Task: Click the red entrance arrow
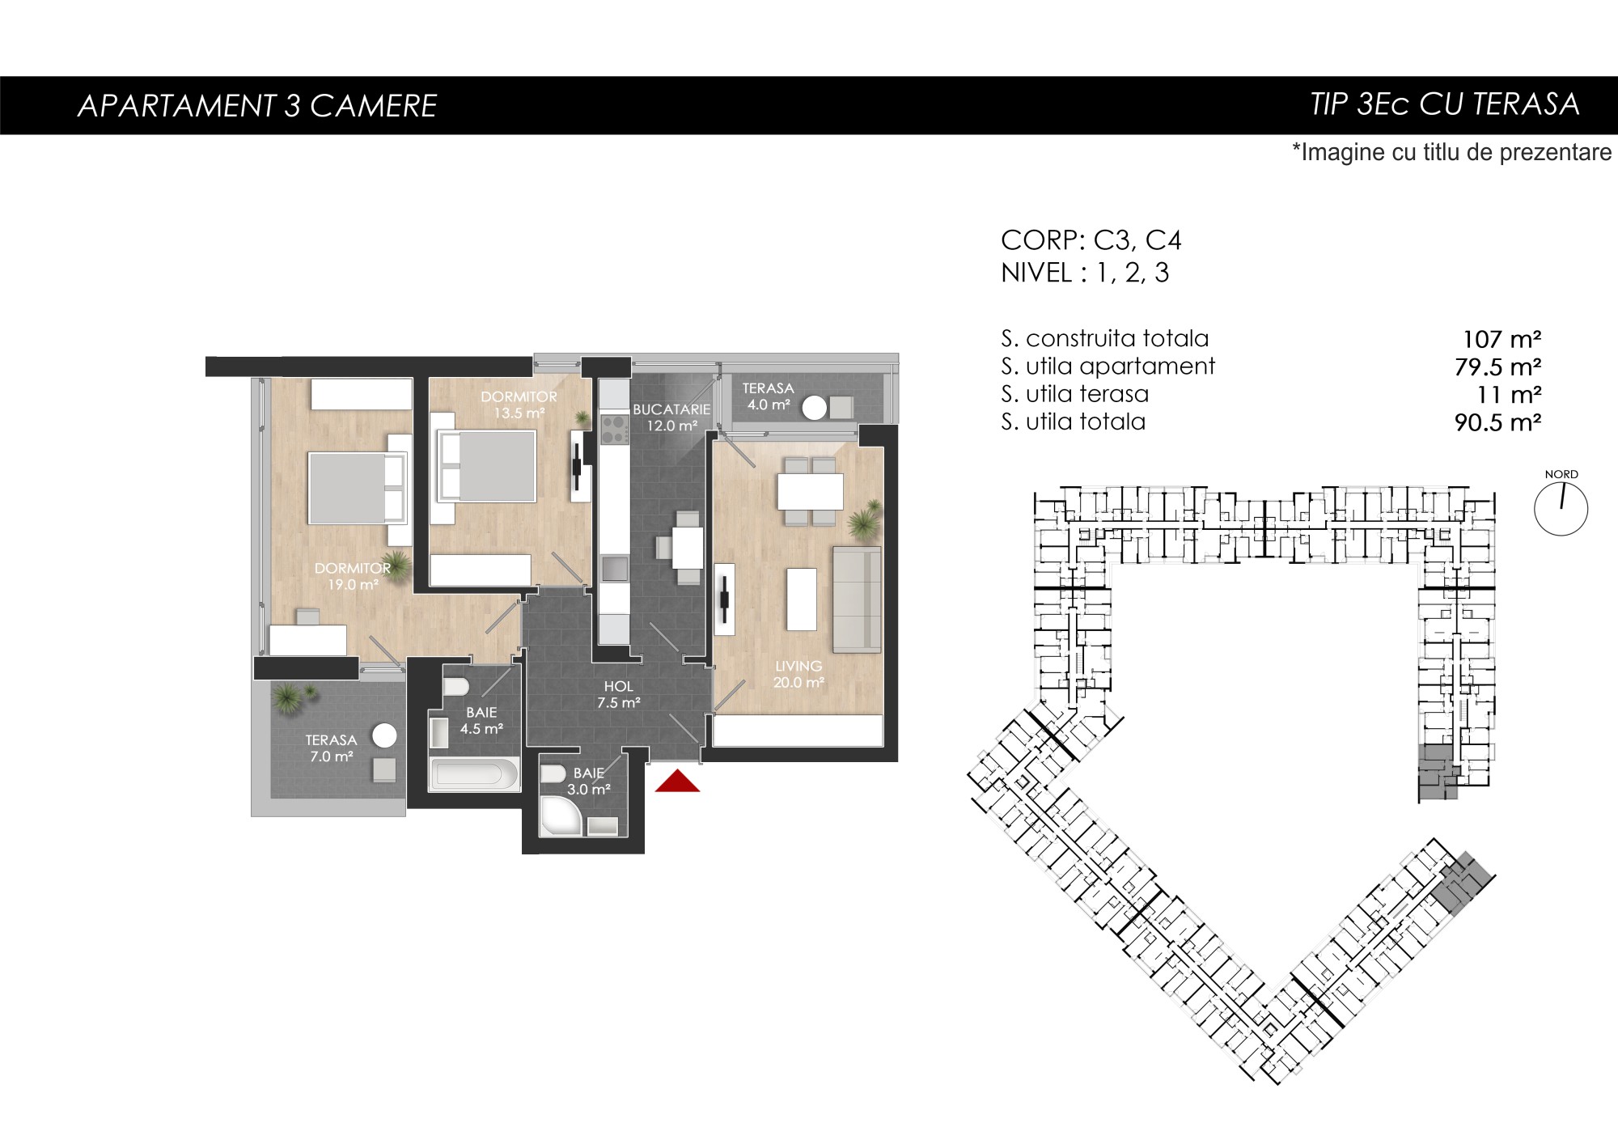677,782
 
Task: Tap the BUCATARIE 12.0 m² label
671,417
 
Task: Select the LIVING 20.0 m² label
798,674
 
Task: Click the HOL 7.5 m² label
619,694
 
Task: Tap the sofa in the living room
857,599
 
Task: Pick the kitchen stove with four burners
615,429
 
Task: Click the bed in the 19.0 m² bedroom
356,489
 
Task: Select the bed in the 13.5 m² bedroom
486,466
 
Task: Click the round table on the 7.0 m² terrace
384,736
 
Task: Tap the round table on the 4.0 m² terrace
815,408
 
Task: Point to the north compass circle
1561,510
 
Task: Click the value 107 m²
1502,339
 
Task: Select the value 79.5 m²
1497,367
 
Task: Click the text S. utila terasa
1074,394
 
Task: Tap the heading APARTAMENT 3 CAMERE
257,106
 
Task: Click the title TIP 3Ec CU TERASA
1445,104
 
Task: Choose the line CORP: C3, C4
1091,240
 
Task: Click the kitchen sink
615,568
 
